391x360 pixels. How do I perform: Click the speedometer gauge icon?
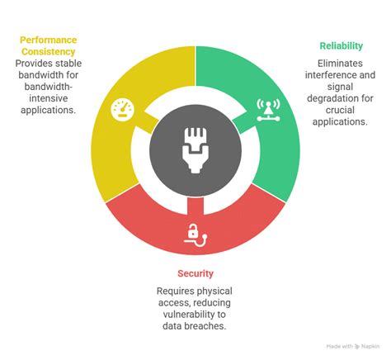(x=123, y=110)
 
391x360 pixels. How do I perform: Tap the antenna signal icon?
(x=268, y=110)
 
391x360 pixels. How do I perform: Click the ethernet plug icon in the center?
(x=195, y=150)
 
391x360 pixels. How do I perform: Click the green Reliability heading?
(x=342, y=45)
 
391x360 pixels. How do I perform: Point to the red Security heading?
(x=195, y=273)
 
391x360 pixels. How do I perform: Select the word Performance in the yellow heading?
(x=49, y=40)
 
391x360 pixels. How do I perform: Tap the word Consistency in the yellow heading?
(x=49, y=51)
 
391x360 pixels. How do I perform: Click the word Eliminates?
(x=340, y=64)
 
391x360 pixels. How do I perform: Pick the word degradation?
(x=340, y=98)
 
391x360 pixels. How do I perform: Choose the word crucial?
(x=340, y=110)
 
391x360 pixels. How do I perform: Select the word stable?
(x=68, y=64)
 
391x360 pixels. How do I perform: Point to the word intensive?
(x=49, y=98)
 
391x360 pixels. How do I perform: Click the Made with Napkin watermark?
(x=353, y=346)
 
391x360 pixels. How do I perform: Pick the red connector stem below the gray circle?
(x=195, y=206)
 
